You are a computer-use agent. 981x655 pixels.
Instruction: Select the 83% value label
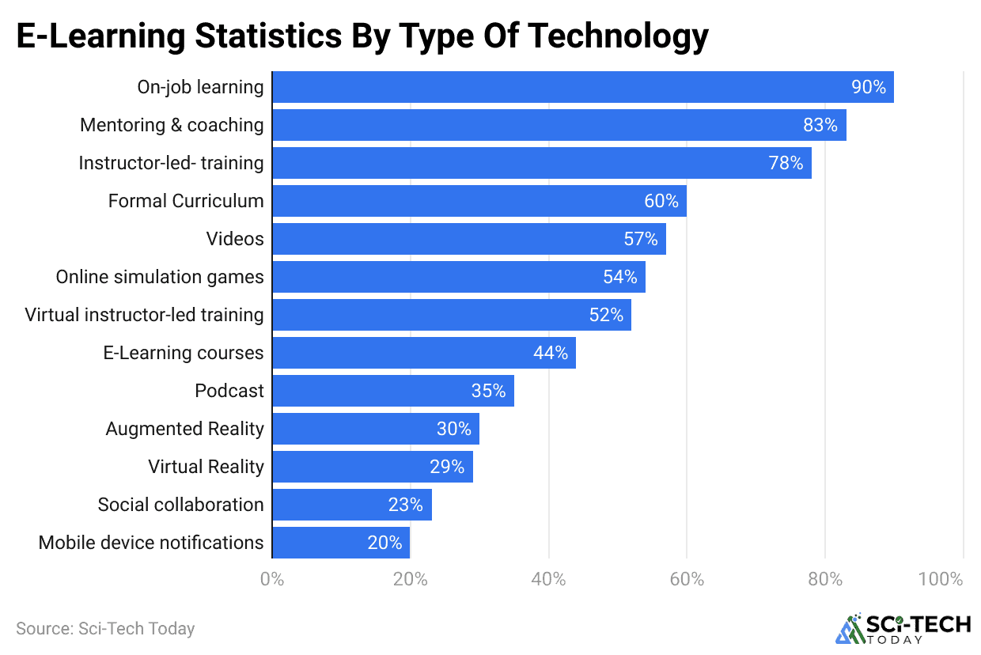coord(820,125)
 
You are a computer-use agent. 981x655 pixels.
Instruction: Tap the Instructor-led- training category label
coord(171,163)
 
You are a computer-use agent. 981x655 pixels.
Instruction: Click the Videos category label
coord(235,239)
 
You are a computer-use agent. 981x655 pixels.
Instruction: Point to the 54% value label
coord(619,277)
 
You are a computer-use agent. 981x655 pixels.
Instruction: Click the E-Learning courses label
coord(184,353)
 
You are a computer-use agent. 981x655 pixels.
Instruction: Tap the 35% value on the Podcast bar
coord(488,391)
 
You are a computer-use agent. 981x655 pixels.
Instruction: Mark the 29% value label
coord(447,467)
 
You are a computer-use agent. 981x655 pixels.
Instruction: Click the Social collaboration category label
coord(180,505)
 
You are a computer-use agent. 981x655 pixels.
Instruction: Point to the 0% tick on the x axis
coord(272,579)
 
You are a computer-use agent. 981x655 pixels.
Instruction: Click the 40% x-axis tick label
coord(548,579)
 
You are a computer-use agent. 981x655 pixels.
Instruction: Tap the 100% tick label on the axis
coord(941,579)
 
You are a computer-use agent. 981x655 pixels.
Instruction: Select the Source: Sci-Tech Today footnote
coord(105,629)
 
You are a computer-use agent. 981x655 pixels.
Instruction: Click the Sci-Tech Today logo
coord(903,628)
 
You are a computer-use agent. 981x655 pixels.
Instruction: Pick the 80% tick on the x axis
coord(824,579)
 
